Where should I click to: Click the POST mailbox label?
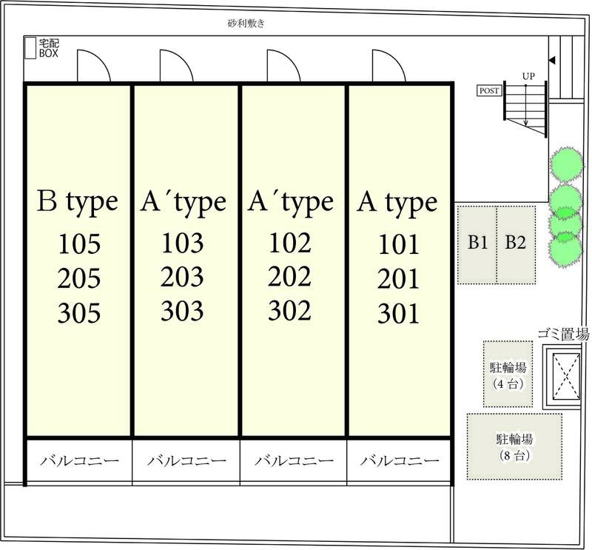click(489, 90)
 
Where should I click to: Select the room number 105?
click(79, 244)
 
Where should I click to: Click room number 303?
click(182, 311)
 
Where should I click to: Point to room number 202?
click(289, 277)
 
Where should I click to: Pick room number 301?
click(398, 314)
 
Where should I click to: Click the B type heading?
click(78, 203)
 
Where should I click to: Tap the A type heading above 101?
click(397, 204)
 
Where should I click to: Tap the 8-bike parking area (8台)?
click(514, 446)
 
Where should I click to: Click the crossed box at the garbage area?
click(566, 376)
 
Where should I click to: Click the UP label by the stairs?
click(528, 76)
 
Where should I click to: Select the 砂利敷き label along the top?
click(246, 24)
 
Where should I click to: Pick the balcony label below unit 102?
click(294, 461)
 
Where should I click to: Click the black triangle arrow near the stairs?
click(551, 60)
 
